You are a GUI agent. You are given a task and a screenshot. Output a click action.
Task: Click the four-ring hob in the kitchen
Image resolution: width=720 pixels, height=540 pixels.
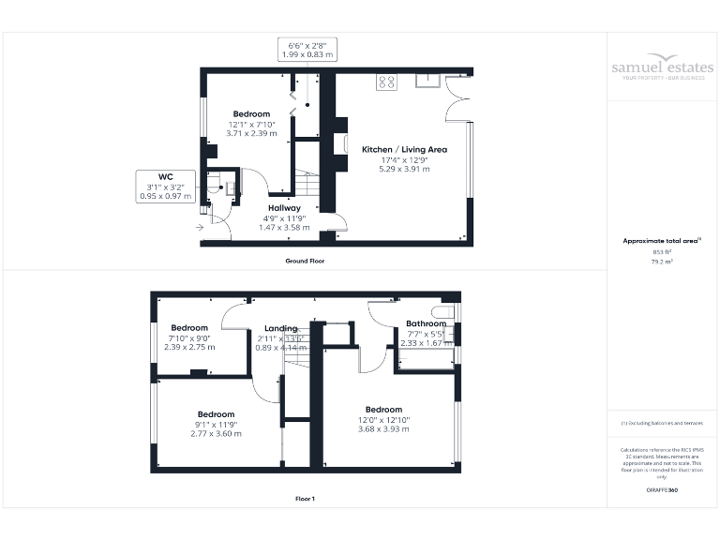[385, 82]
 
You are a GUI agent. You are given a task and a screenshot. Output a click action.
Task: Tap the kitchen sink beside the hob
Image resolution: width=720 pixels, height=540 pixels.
[427, 80]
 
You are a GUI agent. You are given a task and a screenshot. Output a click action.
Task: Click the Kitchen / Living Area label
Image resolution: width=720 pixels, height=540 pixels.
[404, 149]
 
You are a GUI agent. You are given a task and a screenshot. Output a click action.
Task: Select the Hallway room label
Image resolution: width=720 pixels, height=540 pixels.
[284, 208]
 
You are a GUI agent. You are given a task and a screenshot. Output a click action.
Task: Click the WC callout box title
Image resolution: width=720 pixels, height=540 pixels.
[166, 176]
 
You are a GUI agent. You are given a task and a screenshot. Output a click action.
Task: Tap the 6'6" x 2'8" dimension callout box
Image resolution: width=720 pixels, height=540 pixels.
[307, 49]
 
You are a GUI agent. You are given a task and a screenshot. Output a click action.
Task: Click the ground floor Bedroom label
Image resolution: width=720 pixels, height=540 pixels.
[251, 114]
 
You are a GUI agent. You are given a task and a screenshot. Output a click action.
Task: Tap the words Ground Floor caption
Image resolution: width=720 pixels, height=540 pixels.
[305, 261]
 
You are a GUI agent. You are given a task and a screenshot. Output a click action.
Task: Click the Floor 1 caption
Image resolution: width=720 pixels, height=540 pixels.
[305, 499]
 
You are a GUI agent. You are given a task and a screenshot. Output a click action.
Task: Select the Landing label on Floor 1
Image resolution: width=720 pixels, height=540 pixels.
[280, 328]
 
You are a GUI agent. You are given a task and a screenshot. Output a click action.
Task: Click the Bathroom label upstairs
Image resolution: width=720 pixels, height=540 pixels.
[426, 324]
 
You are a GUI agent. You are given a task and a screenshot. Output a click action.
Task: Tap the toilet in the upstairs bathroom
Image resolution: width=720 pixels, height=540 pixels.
[443, 311]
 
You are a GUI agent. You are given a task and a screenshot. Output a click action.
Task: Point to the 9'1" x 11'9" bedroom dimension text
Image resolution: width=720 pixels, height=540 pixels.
[215, 424]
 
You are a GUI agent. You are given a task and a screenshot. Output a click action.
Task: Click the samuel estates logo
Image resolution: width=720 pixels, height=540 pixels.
[662, 68]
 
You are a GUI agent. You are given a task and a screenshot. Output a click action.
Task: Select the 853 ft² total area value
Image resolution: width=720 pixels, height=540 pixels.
[662, 252]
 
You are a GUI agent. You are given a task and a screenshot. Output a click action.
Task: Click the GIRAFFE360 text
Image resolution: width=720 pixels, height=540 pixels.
[662, 490]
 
